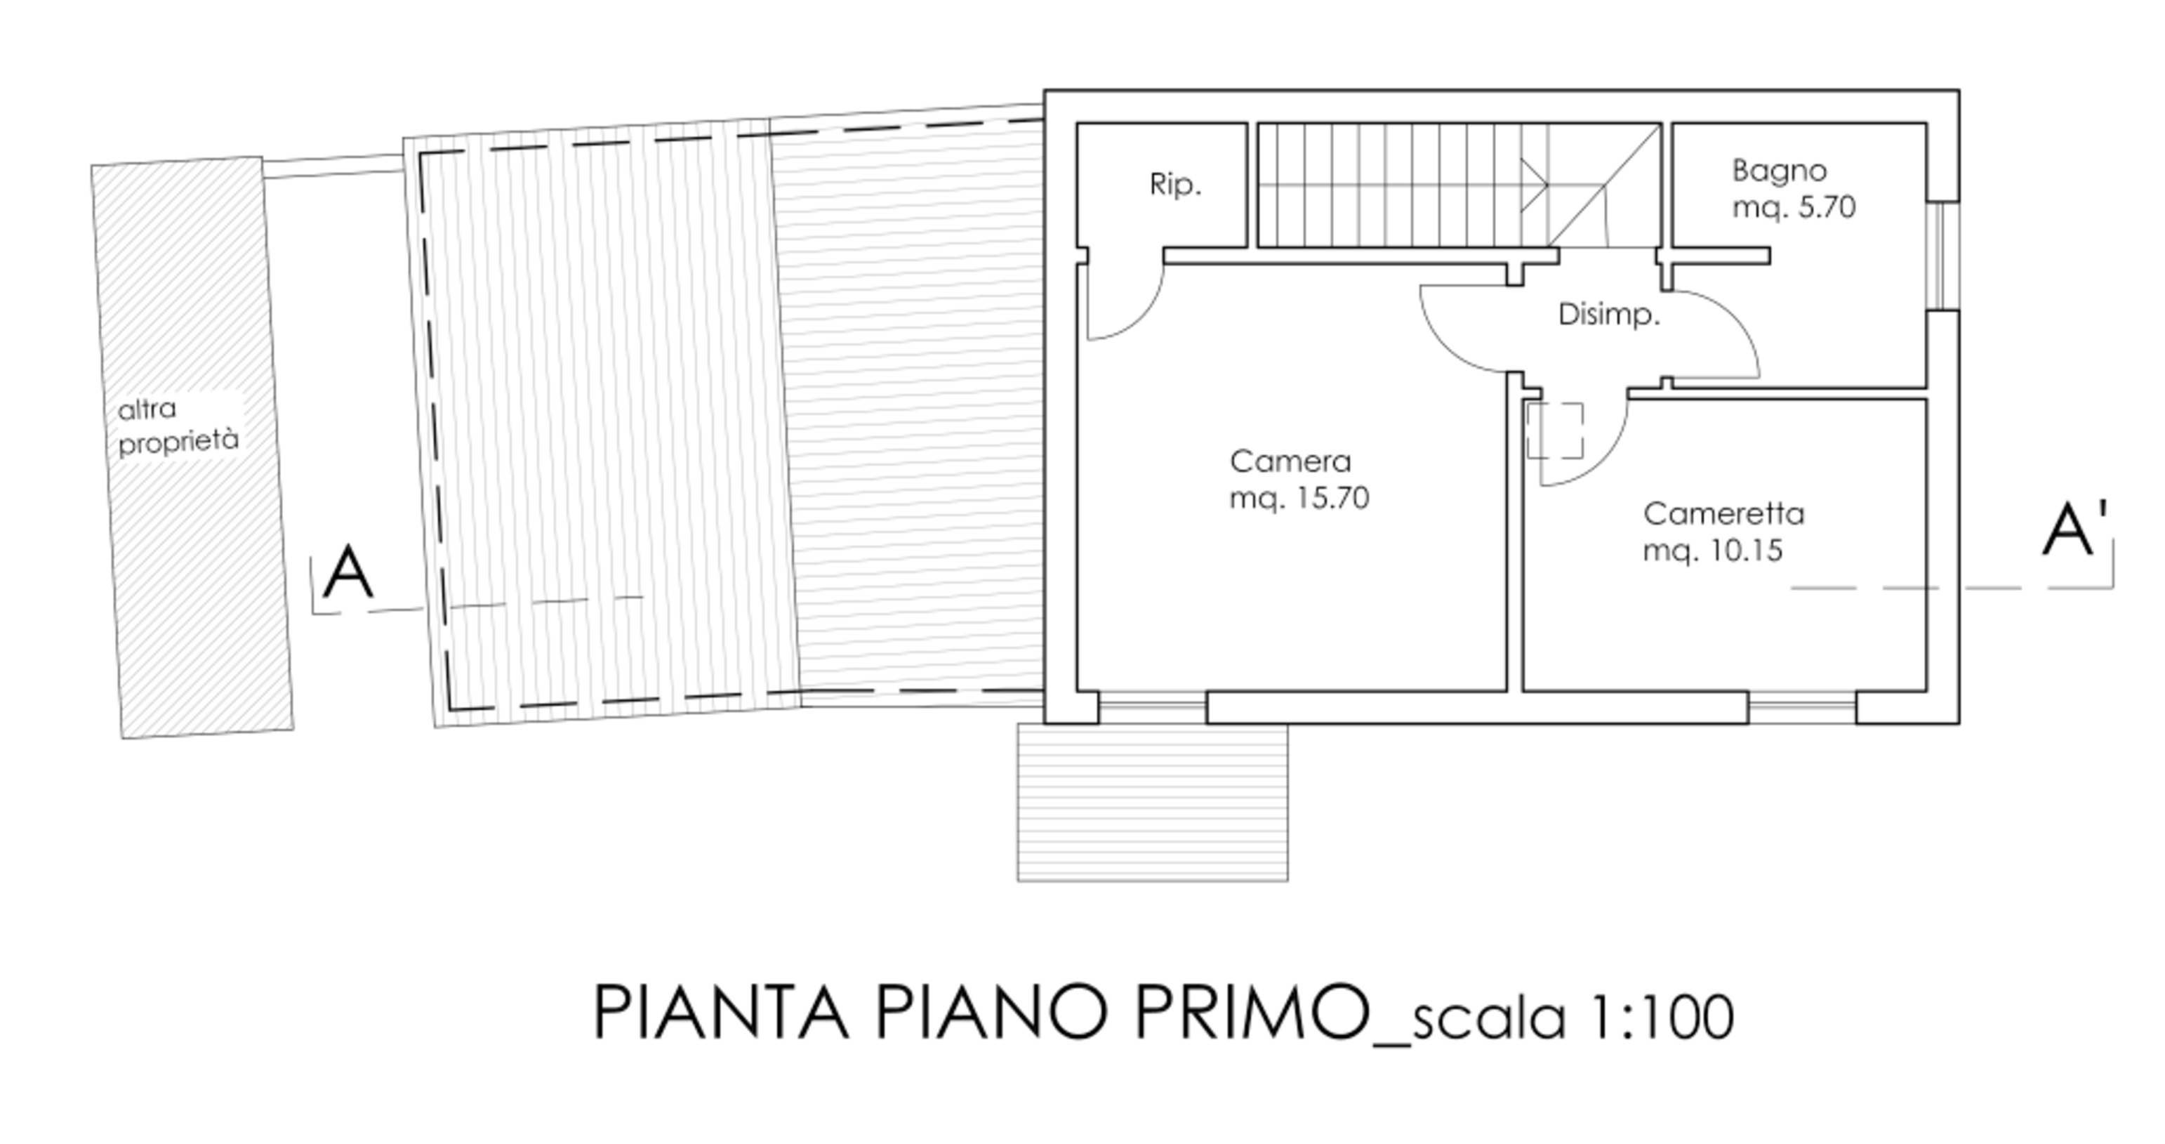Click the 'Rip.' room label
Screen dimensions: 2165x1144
[x=1175, y=185]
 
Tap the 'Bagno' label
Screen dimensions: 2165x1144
[x=1779, y=171]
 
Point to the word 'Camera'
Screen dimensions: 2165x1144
[x=1290, y=461]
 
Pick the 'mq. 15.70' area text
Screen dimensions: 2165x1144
[x=1299, y=499]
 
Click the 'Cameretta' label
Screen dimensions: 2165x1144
[x=1723, y=513]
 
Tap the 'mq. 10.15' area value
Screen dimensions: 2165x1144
[x=1713, y=551]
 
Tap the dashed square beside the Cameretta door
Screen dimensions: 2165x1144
[x=1555, y=430]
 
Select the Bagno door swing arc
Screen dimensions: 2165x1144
[x=1730, y=320]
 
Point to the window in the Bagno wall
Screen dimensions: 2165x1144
[x=1943, y=256]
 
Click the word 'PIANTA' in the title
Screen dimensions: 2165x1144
[x=721, y=1012]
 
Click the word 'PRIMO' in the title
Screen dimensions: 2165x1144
[x=1252, y=1012]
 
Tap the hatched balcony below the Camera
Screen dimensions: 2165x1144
[x=1152, y=803]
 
